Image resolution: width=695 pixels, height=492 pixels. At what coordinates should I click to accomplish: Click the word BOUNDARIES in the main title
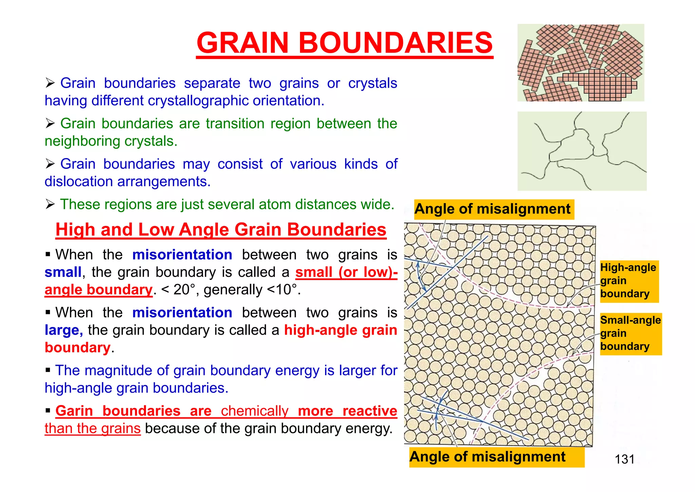point(395,43)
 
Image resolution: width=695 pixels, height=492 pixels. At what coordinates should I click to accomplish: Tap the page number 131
point(624,459)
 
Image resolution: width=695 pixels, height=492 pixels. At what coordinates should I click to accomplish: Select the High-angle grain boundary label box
point(629,281)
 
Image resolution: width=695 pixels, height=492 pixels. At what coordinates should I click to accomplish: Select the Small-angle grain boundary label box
point(630,333)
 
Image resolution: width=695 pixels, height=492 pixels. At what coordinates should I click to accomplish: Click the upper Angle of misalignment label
point(493,209)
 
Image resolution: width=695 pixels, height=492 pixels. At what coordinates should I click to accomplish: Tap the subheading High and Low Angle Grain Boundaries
point(221,230)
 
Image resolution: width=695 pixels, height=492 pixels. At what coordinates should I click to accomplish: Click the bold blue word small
point(63,272)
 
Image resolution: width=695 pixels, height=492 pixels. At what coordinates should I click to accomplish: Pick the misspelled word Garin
point(74,411)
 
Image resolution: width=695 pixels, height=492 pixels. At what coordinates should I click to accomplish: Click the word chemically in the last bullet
point(255,411)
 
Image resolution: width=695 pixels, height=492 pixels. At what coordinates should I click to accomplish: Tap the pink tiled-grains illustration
point(580,63)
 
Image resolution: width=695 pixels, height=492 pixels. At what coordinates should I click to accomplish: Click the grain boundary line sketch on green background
point(582,151)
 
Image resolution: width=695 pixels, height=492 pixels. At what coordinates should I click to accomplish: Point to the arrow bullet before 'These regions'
point(50,204)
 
